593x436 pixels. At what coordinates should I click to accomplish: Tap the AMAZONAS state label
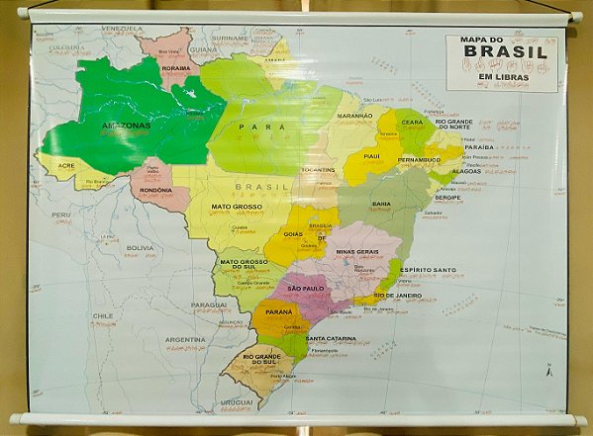pyautogui.click(x=125, y=127)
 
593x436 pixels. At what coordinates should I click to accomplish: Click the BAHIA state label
pyautogui.click(x=380, y=204)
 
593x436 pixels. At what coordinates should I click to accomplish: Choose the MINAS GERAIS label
pyautogui.click(x=356, y=251)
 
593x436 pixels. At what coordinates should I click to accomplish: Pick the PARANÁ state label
pyautogui.click(x=278, y=311)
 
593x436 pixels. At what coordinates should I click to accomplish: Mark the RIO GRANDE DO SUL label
pyautogui.click(x=260, y=360)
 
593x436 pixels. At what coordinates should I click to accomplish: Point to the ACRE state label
pyautogui.click(x=66, y=165)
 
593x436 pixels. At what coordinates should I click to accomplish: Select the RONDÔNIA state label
pyautogui.click(x=156, y=190)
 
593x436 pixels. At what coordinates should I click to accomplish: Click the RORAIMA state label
pyautogui.click(x=175, y=69)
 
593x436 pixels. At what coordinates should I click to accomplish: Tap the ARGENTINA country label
pyautogui.click(x=185, y=339)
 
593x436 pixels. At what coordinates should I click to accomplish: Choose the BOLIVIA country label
pyautogui.click(x=140, y=247)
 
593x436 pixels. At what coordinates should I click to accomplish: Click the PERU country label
pyautogui.click(x=61, y=215)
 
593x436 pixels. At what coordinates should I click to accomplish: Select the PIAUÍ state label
pyautogui.click(x=372, y=155)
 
